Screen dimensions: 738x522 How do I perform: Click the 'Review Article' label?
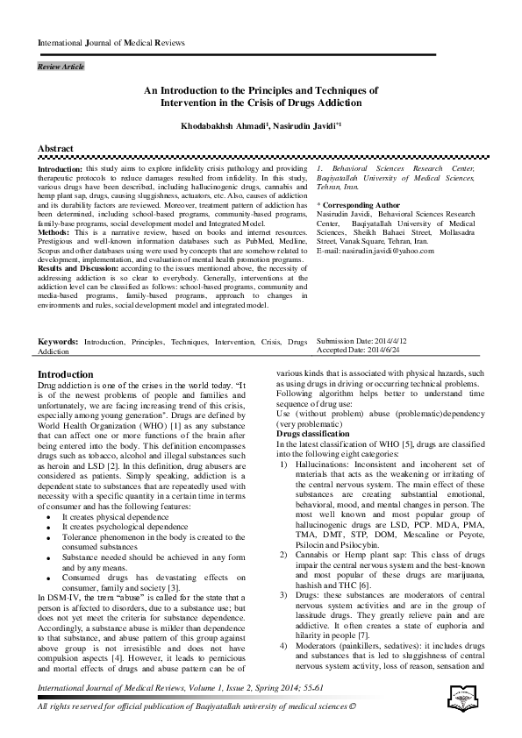point(61,67)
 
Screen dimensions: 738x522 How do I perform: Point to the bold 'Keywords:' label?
point(58,341)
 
